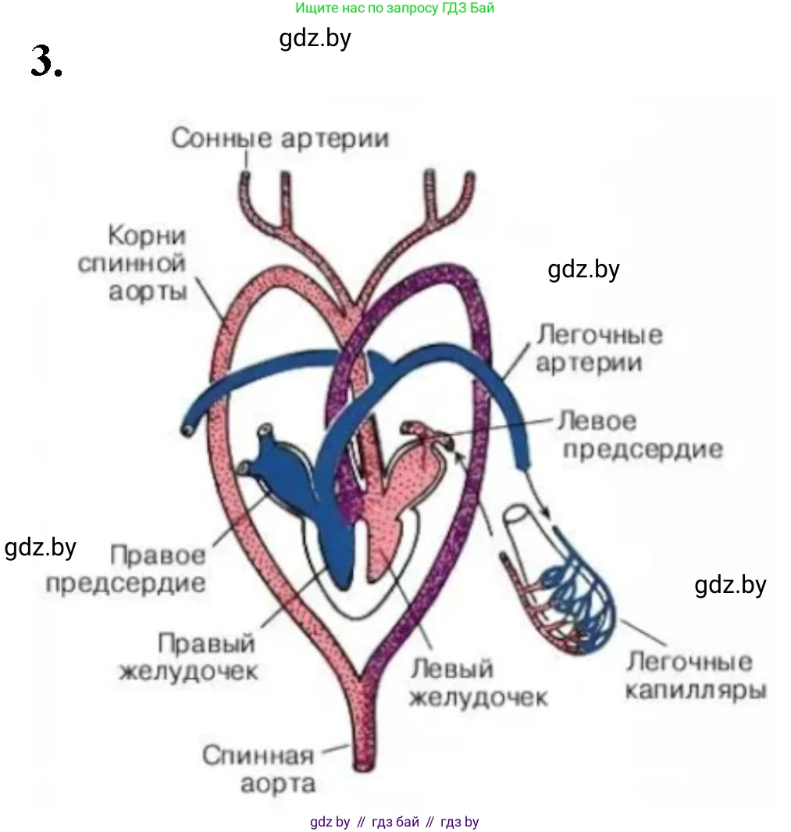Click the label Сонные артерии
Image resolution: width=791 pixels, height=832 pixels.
pyautogui.click(x=280, y=139)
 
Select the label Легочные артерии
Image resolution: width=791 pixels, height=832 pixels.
pyautogui.click(x=599, y=348)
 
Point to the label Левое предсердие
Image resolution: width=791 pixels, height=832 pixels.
pyautogui.click(x=638, y=435)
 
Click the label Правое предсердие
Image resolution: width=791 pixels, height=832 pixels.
pyautogui.click(x=126, y=569)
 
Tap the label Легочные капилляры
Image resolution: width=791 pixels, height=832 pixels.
pyautogui.click(x=696, y=676)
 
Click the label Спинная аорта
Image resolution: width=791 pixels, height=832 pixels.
pyautogui.click(x=258, y=770)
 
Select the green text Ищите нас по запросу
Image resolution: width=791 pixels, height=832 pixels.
pyautogui.click(x=394, y=9)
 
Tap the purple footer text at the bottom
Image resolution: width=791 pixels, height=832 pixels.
pyautogui.click(x=394, y=822)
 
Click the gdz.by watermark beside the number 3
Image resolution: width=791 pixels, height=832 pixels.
pyautogui.click(x=315, y=37)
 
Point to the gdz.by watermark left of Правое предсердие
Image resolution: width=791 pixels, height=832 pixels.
pyautogui.click(x=41, y=547)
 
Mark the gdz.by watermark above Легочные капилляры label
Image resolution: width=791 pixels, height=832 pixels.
pyautogui.click(x=730, y=584)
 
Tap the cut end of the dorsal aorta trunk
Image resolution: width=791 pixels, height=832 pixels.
pyautogui.click(x=365, y=761)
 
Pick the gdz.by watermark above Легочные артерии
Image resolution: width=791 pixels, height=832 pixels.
pyautogui.click(x=583, y=270)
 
